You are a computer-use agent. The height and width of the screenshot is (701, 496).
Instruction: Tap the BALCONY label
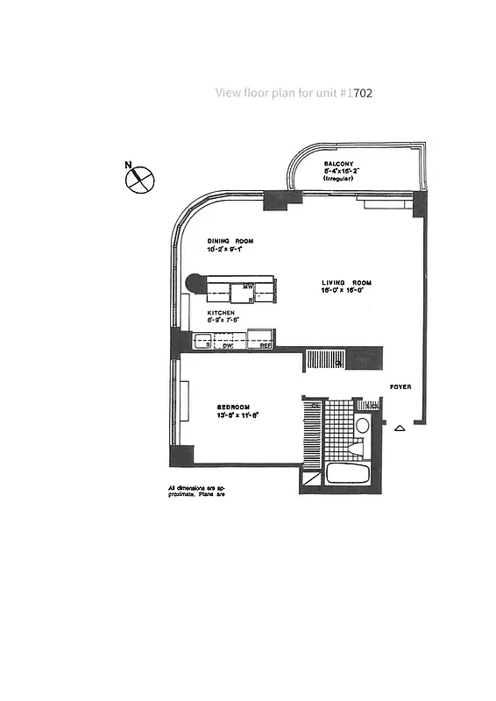click(338, 163)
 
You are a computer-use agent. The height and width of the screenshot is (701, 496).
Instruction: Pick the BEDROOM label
click(235, 407)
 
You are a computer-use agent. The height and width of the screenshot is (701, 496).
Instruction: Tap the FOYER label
click(400, 387)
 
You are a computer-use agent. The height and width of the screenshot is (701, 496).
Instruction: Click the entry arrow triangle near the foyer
click(400, 428)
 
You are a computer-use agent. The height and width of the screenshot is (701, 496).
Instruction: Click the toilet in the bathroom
click(356, 447)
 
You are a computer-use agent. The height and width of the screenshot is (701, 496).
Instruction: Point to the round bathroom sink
click(362, 426)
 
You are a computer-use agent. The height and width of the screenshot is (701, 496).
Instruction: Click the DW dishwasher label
click(227, 345)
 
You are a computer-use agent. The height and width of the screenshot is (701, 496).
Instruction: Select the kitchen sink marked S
click(207, 345)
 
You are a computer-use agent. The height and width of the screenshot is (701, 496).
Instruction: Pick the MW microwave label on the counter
click(248, 287)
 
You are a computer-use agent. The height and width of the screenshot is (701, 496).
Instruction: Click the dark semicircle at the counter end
click(195, 283)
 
